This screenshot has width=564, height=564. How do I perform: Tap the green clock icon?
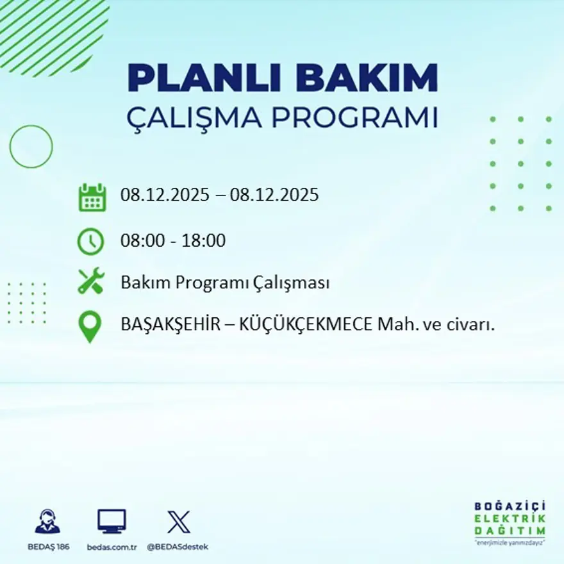90,242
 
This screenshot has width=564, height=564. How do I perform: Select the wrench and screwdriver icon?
91,282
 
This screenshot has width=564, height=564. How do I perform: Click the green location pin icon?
90,326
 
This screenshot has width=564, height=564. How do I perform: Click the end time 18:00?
204,241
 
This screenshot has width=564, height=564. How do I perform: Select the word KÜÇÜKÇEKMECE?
305,325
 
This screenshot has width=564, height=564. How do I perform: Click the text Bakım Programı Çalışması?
225,283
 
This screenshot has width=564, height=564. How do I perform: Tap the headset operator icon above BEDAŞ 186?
47,522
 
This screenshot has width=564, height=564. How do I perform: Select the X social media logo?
178,522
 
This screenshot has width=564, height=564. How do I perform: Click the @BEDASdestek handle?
178,547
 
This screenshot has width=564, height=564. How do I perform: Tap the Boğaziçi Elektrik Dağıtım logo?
510,523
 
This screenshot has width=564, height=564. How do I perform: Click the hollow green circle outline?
31,147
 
